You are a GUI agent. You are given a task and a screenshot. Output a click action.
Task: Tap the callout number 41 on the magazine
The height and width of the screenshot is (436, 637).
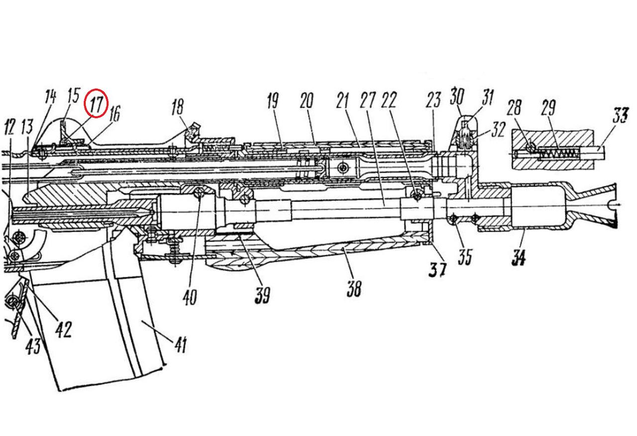(180, 343)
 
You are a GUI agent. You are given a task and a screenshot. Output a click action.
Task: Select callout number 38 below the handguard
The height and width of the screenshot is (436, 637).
(353, 288)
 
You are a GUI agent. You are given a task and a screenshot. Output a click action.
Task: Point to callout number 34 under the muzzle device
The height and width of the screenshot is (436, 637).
(518, 259)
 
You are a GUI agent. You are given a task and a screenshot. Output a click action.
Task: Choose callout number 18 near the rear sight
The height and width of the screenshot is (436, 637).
(178, 107)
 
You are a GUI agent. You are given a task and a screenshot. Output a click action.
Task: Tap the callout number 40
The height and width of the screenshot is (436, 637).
(190, 296)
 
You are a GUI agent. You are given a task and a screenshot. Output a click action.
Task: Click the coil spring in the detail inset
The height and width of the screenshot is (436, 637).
(557, 154)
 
